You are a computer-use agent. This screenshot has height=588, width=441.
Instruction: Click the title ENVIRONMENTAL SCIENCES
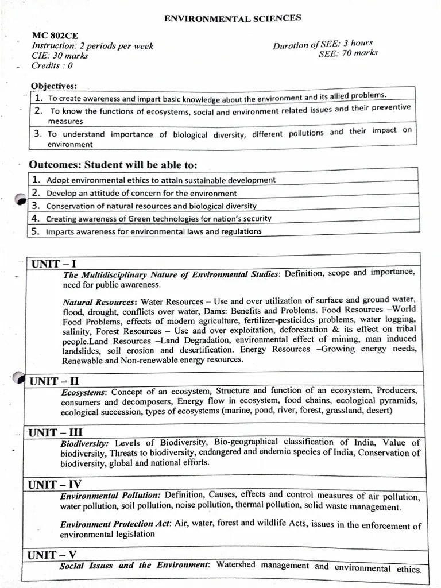[233, 18]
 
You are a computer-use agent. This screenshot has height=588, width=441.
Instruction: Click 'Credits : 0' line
[52, 65]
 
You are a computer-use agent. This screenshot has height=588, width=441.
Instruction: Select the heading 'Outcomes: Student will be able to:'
[113, 165]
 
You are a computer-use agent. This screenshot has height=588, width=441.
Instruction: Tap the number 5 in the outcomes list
[35, 231]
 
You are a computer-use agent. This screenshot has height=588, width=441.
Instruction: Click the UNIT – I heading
[53, 264]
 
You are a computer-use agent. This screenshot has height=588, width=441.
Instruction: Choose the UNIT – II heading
[55, 381]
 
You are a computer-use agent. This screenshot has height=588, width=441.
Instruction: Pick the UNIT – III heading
[56, 433]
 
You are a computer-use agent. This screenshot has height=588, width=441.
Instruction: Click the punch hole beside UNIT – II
[19, 378]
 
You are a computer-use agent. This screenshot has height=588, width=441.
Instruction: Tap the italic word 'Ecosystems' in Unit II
[83, 393]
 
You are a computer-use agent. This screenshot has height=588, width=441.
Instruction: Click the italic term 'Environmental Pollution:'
[111, 496]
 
